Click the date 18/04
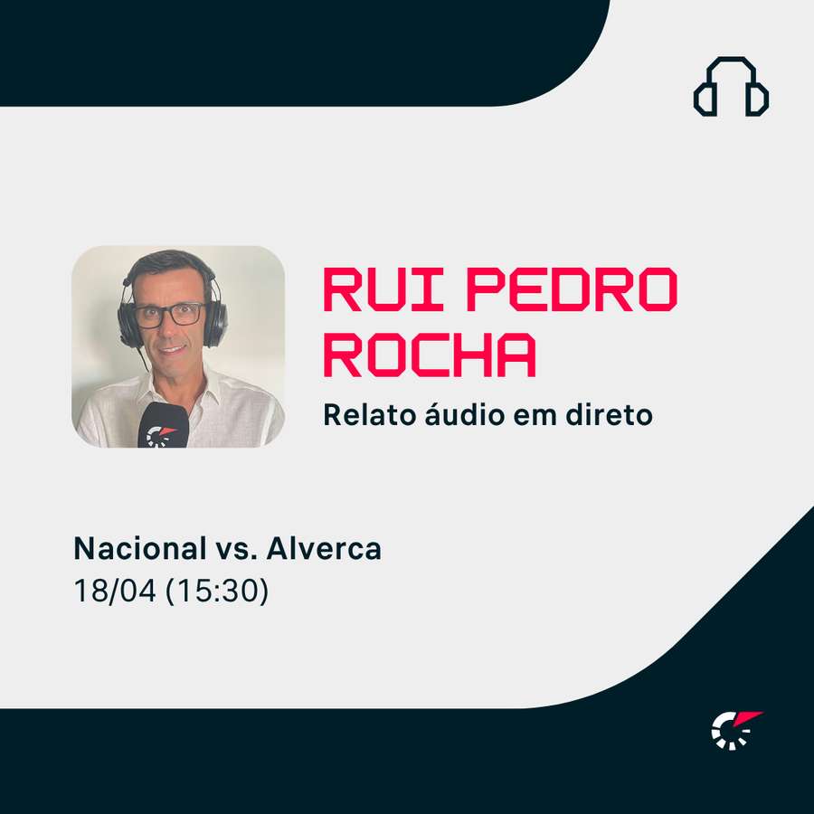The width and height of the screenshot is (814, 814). click(114, 592)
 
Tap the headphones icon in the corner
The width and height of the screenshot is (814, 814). click(731, 87)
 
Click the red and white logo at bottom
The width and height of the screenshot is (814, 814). click(734, 729)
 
